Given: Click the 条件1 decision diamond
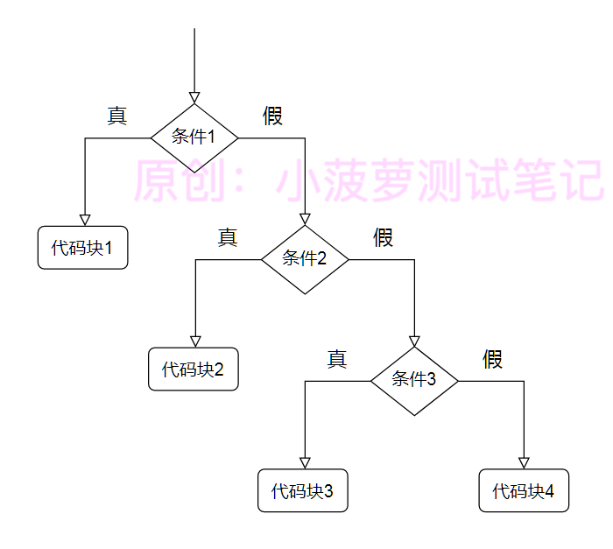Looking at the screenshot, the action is click(x=194, y=138).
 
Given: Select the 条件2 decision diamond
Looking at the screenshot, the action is click(x=305, y=260).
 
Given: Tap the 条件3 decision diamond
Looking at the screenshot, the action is click(x=414, y=381).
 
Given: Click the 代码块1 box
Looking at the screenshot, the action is click(x=83, y=248).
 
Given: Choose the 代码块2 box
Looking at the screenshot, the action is click(x=194, y=370).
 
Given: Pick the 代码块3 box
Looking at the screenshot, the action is click(x=303, y=490).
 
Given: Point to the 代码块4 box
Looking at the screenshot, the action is click(x=524, y=490).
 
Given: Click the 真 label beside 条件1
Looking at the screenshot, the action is click(x=116, y=116).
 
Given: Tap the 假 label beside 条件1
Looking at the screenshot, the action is click(x=272, y=116).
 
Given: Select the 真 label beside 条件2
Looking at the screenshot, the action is click(x=228, y=237).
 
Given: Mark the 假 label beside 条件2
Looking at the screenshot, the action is click(x=384, y=237).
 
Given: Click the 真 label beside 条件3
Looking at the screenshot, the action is click(x=337, y=359).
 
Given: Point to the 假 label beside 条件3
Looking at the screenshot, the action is click(x=492, y=359).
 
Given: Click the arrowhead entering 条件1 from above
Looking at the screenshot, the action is click(x=194, y=98).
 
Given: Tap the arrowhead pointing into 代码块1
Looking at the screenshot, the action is click(x=85, y=220).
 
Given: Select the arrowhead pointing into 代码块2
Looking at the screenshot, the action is click(x=195, y=341).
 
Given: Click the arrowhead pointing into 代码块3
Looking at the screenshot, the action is click(x=305, y=463).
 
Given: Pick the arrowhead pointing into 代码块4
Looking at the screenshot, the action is click(x=524, y=463).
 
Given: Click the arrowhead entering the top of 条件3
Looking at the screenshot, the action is click(x=414, y=341).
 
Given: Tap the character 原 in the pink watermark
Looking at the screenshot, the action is click(x=156, y=180).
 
